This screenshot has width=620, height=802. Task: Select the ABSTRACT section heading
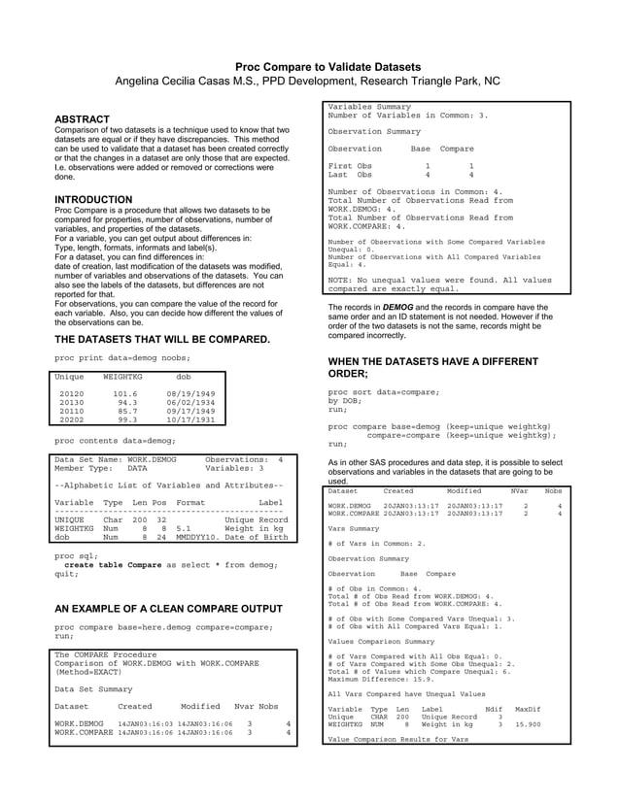(82, 119)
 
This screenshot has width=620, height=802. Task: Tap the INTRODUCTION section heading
(93, 200)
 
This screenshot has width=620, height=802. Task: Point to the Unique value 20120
(72, 394)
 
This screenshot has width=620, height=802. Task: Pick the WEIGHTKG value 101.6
(124, 394)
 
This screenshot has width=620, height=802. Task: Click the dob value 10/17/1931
(189, 420)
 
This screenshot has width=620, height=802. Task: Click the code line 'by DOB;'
(345, 400)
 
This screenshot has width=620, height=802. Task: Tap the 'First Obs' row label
(350, 166)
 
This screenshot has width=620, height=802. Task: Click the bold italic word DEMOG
(397, 307)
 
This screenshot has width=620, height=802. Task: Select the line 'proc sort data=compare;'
(383, 391)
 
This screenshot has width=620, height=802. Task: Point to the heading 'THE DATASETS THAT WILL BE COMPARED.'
(162, 339)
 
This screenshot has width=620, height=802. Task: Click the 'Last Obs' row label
(350, 175)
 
